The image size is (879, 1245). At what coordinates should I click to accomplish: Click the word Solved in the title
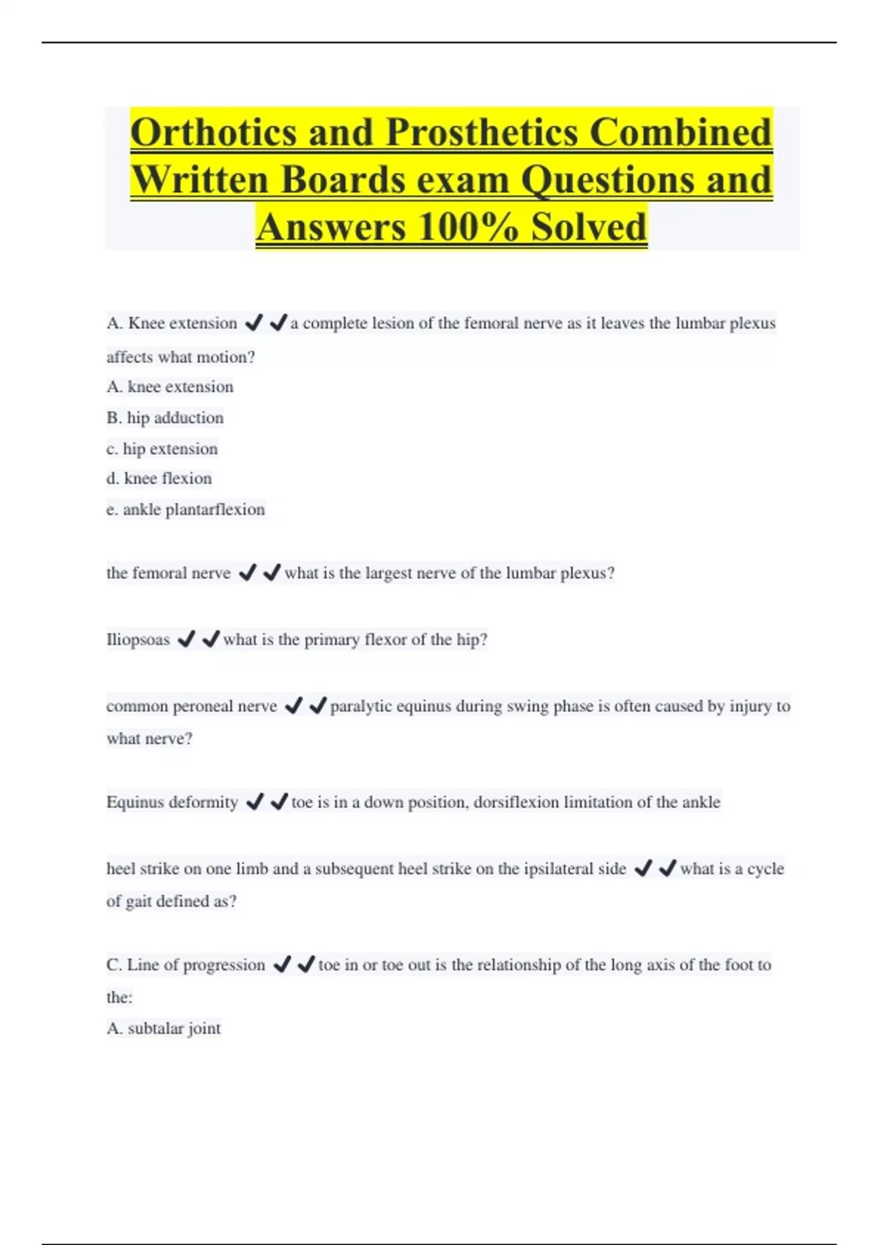(589, 226)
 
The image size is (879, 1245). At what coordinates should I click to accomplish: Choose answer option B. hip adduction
(165, 417)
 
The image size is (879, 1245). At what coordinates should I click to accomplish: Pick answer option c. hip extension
(162, 448)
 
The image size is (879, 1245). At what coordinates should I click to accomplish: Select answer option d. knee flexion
(159, 478)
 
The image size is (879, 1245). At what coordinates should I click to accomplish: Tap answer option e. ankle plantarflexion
(185, 509)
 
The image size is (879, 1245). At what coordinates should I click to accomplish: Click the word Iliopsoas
(138, 639)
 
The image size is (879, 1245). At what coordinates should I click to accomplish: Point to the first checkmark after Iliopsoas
(187, 639)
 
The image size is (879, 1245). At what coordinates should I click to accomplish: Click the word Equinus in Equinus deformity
(135, 802)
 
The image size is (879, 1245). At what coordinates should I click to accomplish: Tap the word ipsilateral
(557, 869)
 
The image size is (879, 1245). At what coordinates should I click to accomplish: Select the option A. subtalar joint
(163, 1028)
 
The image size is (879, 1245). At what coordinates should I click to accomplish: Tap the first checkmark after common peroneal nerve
(293, 706)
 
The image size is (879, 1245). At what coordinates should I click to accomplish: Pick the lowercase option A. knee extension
(170, 387)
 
